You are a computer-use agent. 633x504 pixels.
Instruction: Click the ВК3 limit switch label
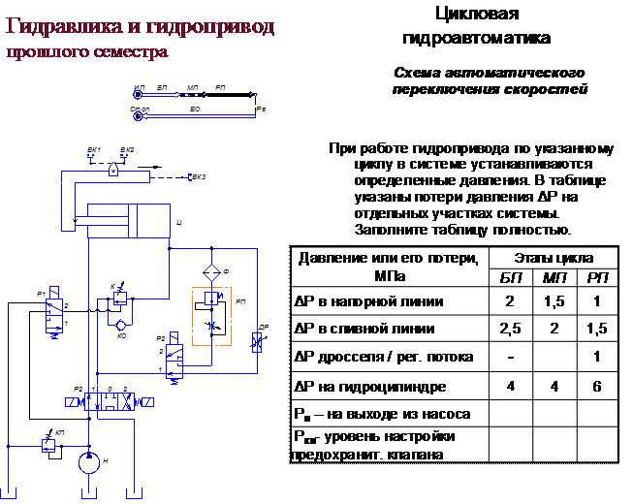[198, 177]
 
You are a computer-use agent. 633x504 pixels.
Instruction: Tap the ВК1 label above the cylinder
[94, 149]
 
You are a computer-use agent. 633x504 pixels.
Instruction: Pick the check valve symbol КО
[120, 322]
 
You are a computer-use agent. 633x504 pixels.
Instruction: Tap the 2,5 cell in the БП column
[510, 329]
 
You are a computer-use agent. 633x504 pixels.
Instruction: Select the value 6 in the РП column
[597, 387]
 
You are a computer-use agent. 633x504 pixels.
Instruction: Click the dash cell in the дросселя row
[510, 357]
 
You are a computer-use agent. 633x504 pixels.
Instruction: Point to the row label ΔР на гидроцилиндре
[370, 387]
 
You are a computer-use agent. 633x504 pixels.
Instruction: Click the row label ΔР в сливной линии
[359, 329]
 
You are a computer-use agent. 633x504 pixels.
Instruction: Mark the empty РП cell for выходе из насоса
[597, 414]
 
